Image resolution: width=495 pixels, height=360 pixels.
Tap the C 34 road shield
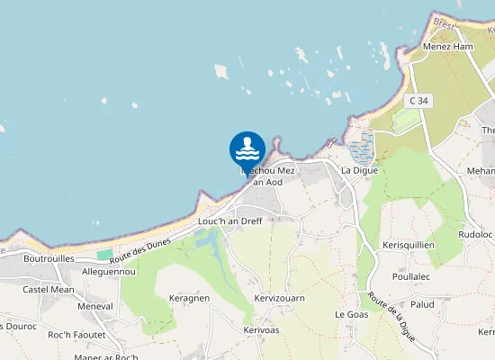coord(416,101)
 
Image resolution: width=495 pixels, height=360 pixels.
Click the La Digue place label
coord(359,170)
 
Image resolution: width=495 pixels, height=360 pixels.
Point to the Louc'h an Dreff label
coord(229,220)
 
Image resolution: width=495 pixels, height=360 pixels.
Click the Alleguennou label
coord(108,271)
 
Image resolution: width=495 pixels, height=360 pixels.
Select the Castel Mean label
coord(49,290)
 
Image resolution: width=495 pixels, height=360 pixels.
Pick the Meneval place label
coord(94,306)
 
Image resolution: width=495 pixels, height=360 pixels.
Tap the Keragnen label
coord(189,298)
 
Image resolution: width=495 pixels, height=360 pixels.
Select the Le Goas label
coord(352,314)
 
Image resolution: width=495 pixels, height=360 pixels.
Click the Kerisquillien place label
coord(409,245)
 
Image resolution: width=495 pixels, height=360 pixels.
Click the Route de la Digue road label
coord(389,315)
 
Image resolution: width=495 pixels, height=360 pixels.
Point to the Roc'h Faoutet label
coord(76,335)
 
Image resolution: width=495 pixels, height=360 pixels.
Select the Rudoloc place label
coord(475,235)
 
